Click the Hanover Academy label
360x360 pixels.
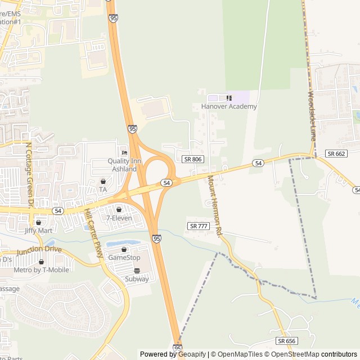pyautogui.click(x=229, y=106)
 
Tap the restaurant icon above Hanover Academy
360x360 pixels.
pyautogui.click(x=229, y=98)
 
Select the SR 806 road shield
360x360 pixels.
pyautogui.click(x=192, y=159)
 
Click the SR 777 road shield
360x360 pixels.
pyautogui.click(x=199, y=226)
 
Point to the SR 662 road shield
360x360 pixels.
pyautogui.click(x=336, y=154)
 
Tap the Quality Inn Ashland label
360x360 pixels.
pyautogui.click(x=122, y=165)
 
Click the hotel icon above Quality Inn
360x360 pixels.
pyautogui.click(x=124, y=153)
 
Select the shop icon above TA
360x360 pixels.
pyautogui.click(x=103, y=182)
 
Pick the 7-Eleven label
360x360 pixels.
pyautogui.click(x=119, y=218)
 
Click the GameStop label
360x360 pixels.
pyautogui.click(x=124, y=257)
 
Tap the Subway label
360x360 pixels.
pyautogui.click(x=137, y=278)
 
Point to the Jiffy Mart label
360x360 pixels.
pyautogui.click(x=38, y=230)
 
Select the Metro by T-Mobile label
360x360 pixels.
pyautogui.click(x=41, y=269)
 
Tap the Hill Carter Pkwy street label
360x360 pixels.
pyautogui.click(x=93, y=233)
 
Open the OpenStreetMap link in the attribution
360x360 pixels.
pyautogui.click(x=296, y=354)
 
